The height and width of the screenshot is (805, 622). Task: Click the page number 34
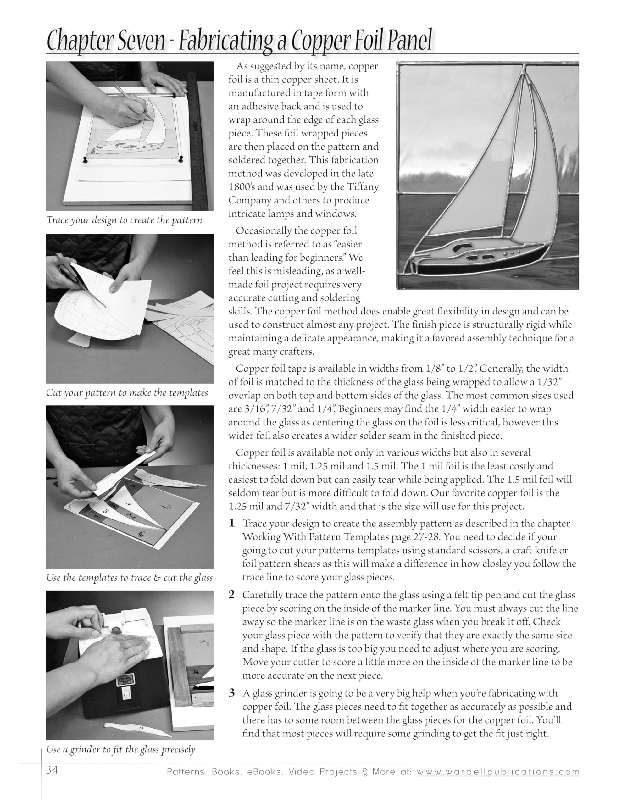pos(52,770)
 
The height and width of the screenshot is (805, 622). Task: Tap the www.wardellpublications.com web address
pos(498,771)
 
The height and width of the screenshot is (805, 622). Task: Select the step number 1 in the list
pos(231,523)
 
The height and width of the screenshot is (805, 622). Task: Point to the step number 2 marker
pos(231,595)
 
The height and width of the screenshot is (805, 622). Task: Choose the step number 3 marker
pos(231,693)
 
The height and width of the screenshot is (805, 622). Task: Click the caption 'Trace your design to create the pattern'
pos(124,220)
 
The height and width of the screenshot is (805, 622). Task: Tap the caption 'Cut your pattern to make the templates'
pos(127,393)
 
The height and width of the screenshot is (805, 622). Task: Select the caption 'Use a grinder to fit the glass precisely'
pos(120,749)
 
